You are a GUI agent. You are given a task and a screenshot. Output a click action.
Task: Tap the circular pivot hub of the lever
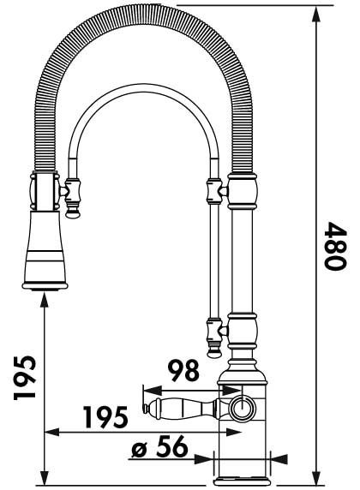(x=241, y=407)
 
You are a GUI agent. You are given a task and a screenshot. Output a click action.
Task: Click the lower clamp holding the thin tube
(x=214, y=327)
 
